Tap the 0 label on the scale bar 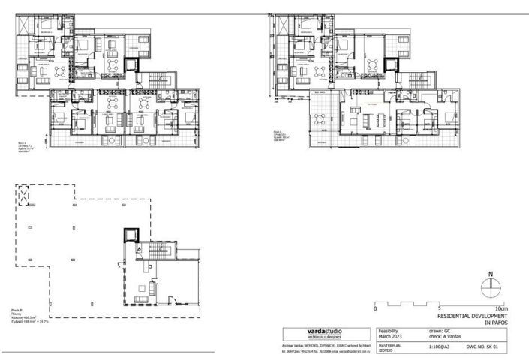[375, 308]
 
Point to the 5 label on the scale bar [437, 308]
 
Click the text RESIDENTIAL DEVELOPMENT [472, 316]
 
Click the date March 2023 [386, 335]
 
